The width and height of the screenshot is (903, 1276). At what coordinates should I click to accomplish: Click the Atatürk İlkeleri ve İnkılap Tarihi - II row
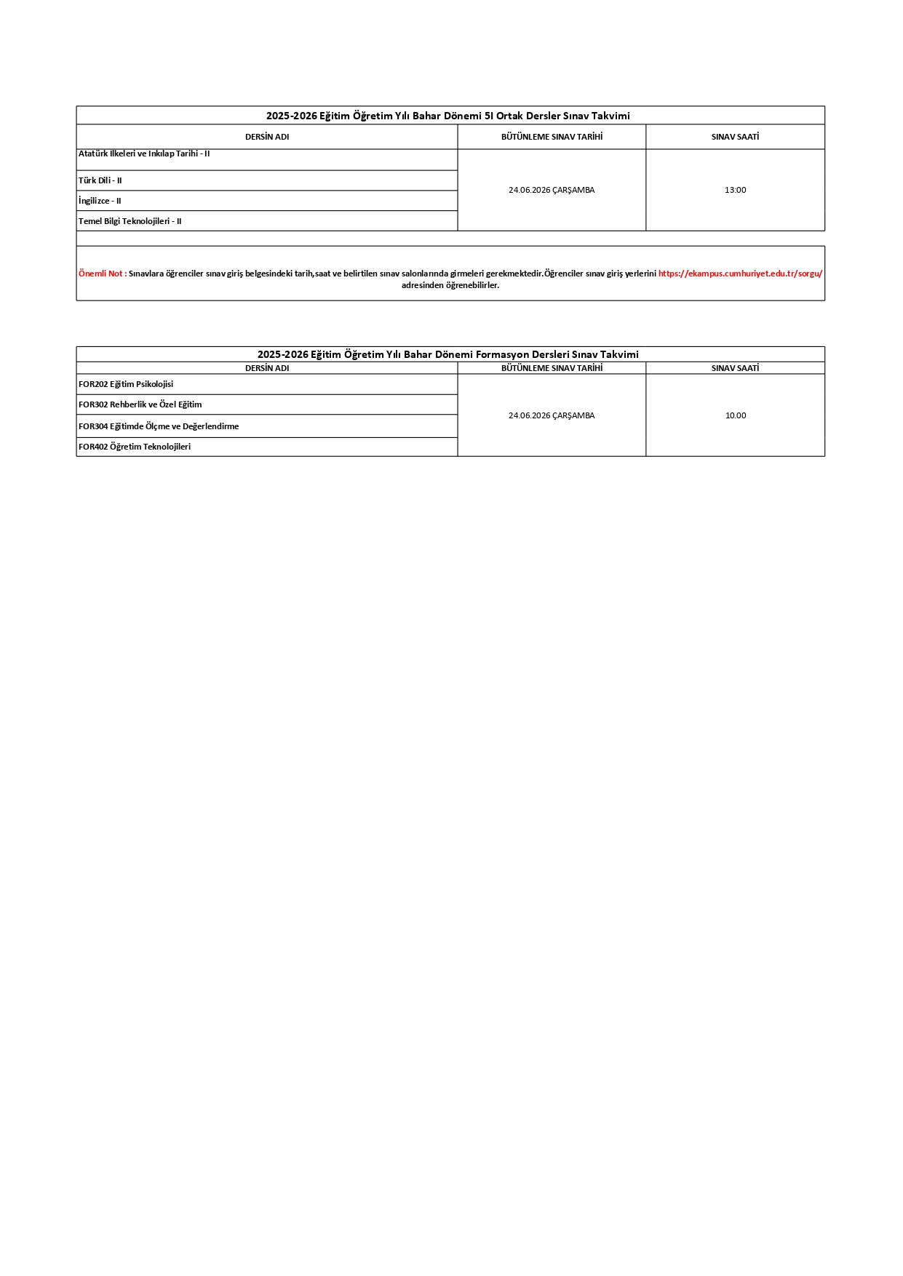coord(144,154)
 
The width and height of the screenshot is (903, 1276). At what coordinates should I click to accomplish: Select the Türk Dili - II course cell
coord(100,180)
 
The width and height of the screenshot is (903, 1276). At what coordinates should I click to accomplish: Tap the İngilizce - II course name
coord(100,201)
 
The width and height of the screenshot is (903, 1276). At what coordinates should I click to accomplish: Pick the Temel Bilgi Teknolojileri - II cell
coord(130,221)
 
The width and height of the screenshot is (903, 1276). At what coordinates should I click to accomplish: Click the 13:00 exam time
coord(735,190)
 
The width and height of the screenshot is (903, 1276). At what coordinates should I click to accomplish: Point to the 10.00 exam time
coord(735,415)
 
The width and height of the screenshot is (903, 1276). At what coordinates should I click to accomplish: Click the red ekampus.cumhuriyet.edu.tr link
coord(740,274)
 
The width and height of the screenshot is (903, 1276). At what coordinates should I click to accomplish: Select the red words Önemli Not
coord(102,274)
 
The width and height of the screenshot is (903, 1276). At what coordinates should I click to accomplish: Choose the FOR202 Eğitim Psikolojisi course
coord(126,384)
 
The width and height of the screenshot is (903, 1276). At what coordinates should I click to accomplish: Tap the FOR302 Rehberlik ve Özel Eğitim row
coord(140,404)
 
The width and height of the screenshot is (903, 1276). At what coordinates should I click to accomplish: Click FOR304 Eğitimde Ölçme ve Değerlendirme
coord(159,426)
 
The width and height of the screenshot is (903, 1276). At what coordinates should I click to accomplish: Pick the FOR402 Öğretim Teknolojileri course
coord(135,447)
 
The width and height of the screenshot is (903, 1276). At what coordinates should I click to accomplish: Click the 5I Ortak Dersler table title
coord(448,116)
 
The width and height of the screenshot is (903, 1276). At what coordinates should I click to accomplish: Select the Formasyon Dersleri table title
coord(448,354)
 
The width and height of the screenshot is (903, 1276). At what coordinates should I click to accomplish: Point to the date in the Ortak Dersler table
coord(552,190)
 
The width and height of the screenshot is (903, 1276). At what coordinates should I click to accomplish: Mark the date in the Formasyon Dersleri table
coord(552,415)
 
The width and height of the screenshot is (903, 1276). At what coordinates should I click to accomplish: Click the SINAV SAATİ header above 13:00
coord(735,137)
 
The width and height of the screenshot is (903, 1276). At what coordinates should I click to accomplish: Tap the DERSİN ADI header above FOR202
coord(267,368)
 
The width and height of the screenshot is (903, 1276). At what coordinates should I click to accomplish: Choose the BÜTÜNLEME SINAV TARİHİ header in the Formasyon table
coord(552,368)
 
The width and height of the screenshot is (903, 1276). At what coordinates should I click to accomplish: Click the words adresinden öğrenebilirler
coord(450,285)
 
